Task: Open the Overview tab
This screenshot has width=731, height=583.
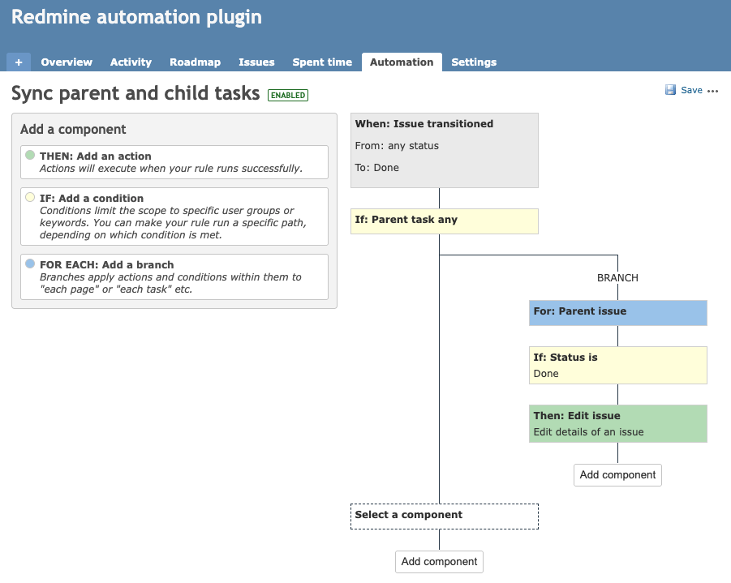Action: (67, 62)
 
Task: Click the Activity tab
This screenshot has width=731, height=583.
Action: (131, 62)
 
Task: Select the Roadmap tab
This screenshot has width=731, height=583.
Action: (195, 62)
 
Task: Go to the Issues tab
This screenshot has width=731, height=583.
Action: (256, 62)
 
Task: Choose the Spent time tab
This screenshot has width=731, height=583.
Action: (322, 62)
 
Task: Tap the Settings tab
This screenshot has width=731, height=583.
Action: (474, 62)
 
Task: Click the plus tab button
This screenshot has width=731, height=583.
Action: (19, 62)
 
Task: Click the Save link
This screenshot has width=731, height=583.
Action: (691, 90)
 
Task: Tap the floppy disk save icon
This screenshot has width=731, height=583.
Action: (670, 90)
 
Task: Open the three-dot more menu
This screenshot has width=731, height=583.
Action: (713, 91)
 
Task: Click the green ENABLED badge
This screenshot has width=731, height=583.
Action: (288, 96)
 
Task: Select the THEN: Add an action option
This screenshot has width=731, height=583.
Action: (174, 161)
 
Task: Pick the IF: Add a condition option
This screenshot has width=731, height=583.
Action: (174, 216)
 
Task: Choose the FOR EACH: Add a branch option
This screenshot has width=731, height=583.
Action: (174, 276)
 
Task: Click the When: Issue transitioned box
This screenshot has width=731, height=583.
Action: (444, 150)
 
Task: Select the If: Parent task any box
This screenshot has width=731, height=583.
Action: (444, 221)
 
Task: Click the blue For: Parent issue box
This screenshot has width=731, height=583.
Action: (617, 312)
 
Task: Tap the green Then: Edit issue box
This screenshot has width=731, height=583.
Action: (617, 423)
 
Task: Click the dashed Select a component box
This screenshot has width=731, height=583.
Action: (444, 516)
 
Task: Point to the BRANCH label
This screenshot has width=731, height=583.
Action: (617, 278)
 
